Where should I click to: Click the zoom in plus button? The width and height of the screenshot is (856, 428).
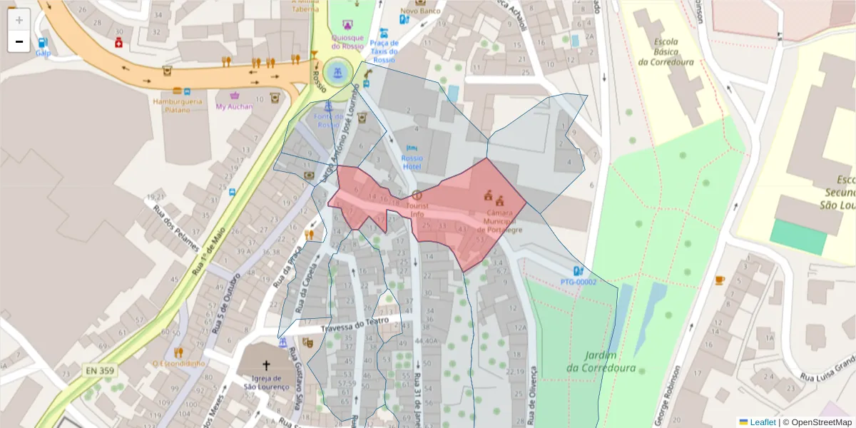click(x=19, y=20)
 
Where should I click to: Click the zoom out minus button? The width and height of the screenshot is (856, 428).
click(x=19, y=41)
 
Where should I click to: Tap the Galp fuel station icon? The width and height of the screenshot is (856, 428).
click(x=43, y=44)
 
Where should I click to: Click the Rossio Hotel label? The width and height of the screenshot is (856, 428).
click(x=412, y=162)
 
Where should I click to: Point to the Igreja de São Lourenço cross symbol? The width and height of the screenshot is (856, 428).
click(x=266, y=365)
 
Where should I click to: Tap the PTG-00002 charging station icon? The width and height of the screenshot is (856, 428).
click(x=578, y=271)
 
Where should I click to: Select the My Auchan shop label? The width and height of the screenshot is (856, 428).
click(x=234, y=106)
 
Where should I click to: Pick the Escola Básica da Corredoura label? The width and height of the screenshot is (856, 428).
click(x=666, y=51)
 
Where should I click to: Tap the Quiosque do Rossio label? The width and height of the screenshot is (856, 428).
click(x=347, y=42)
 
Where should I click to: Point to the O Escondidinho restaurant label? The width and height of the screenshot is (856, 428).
click(x=178, y=363)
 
